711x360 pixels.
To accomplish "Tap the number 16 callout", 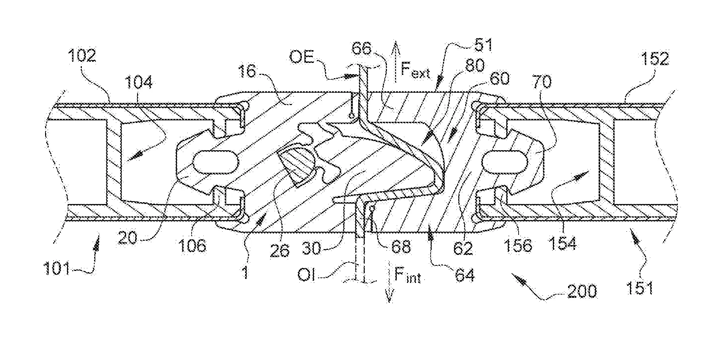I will [247, 71].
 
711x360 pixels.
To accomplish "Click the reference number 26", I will [280, 251].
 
